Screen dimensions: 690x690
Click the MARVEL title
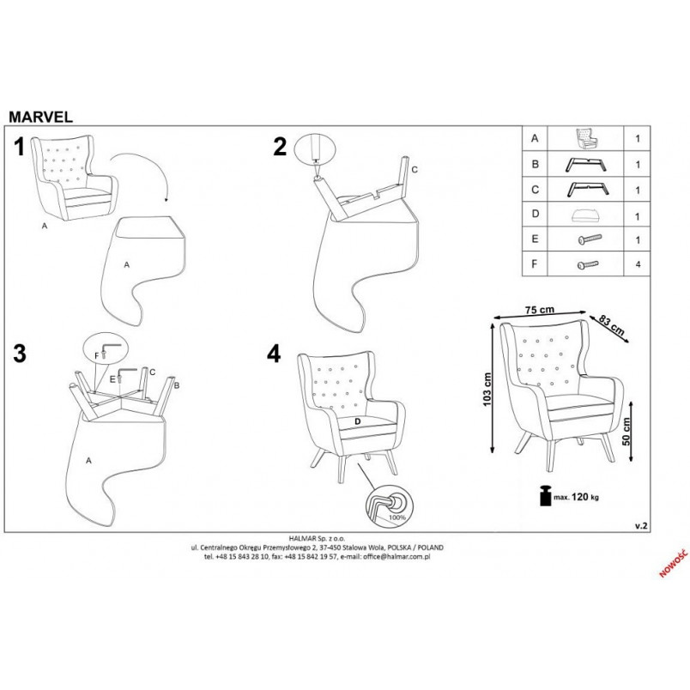[40, 117]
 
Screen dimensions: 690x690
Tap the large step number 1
[19, 147]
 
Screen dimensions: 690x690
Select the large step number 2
[280, 147]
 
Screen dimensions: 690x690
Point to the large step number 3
[20, 354]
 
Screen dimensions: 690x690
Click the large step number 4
[274, 354]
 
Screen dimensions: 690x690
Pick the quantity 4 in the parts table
[638, 264]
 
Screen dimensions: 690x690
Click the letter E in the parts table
[535, 239]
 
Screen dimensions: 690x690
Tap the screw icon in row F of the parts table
[588, 264]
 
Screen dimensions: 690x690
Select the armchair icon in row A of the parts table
[587, 138]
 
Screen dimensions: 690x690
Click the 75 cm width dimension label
[540, 310]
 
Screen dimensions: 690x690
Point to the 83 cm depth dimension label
[612, 326]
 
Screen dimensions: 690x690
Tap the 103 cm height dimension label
[487, 390]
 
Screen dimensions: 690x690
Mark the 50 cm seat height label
[626, 431]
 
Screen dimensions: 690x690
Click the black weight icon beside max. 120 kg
[546, 495]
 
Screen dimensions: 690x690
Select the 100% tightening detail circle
[390, 506]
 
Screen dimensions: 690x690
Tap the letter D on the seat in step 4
[358, 421]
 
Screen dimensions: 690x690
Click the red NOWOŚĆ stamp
[673, 563]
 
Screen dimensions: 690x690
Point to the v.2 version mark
[641, 526]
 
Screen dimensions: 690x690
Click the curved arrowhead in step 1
[166, 199]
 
